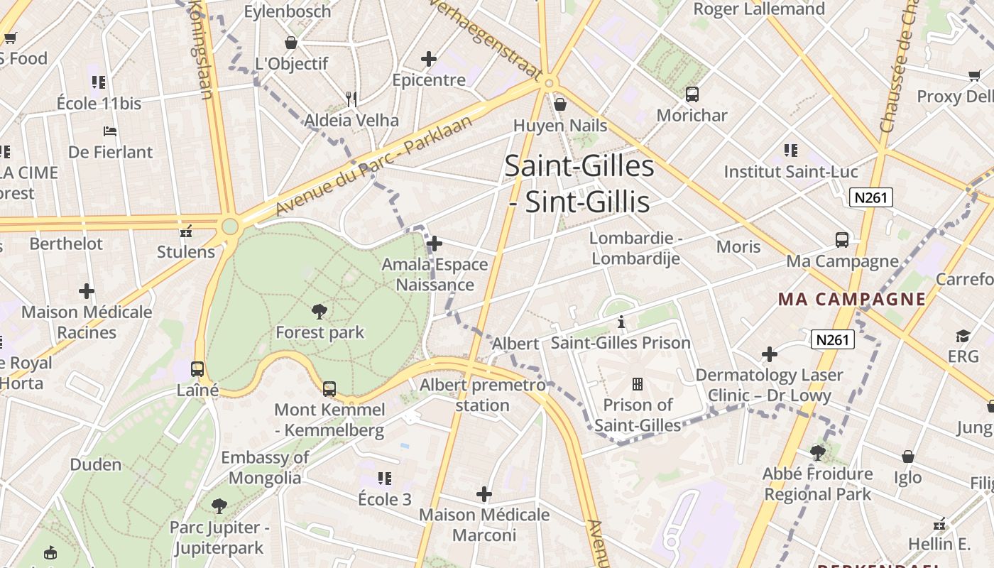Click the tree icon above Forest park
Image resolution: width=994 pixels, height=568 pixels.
pos(319,311)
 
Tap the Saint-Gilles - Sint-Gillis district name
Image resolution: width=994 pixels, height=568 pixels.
pos(579,184)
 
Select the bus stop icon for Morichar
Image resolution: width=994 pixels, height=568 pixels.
pos(692,94)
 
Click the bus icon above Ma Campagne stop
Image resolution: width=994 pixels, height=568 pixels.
pos(842,240)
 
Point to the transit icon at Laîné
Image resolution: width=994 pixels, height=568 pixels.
pos(197,369)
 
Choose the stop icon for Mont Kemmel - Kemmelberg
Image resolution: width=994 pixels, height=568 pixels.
pos(329,389)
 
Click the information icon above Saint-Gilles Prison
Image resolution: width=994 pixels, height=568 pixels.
pos(621,322)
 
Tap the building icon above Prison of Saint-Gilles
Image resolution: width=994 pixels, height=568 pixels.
pos(638,384)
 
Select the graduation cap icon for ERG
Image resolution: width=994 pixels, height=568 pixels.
pos(963,336)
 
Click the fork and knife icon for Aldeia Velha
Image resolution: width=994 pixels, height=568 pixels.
pos(351,99)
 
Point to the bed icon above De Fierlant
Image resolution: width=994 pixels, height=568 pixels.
pos(110,131)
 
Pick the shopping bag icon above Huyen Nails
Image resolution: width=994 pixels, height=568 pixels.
pos(560,104)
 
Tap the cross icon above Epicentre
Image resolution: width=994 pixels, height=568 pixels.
pos(429,59)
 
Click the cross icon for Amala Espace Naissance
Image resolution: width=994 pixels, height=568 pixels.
pos(435,244)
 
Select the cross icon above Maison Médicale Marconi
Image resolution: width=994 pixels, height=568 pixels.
pos(484,493)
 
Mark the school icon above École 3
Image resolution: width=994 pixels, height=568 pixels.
pos(385,479)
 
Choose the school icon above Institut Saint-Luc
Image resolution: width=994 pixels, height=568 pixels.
pos(790,151)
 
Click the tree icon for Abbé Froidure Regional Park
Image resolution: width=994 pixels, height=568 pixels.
pos(818,452)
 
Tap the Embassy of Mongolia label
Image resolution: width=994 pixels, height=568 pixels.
pos(265,467)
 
